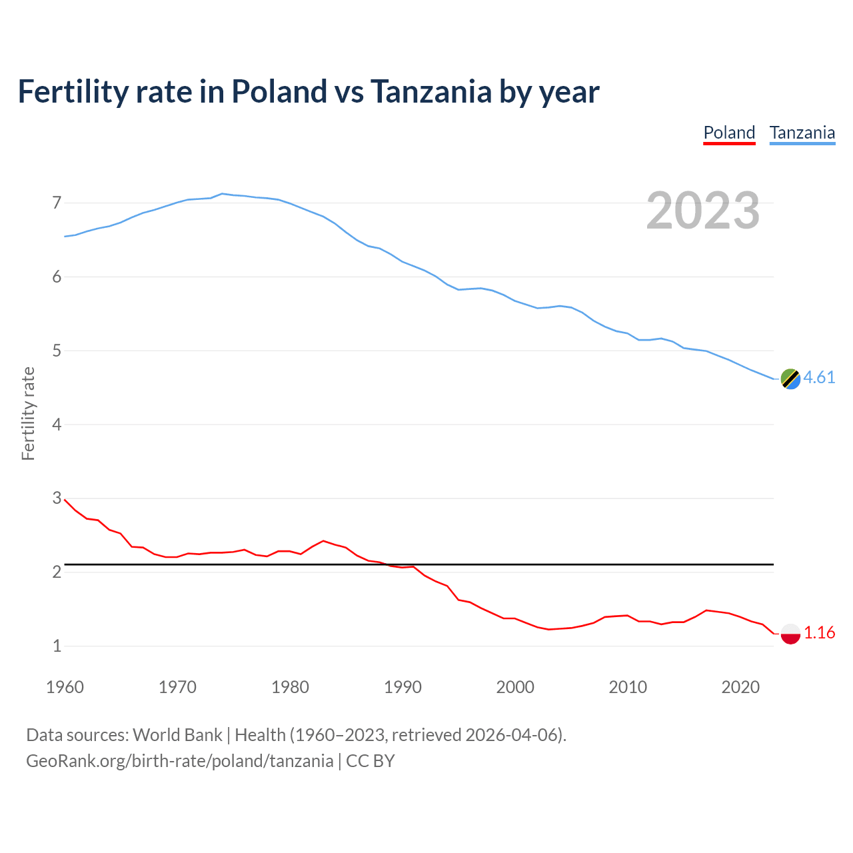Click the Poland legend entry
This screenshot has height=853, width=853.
729,133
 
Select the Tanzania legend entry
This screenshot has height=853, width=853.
802,133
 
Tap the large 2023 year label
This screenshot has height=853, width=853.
703,211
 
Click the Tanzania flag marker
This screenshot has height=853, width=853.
790,379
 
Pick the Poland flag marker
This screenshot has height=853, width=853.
790,634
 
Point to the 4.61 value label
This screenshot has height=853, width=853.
819,378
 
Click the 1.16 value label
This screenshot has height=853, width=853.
819,633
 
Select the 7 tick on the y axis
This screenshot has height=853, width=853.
57,203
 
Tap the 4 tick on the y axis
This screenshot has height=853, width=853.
57,425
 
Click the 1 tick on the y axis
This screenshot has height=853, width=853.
57,646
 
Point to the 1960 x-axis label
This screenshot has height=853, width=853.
65,687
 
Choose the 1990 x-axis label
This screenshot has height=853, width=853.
403,687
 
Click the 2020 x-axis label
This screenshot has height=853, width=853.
740,687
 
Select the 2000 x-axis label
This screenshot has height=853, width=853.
515,687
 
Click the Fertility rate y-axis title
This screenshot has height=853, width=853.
28,414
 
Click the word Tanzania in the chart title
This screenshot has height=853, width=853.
431,92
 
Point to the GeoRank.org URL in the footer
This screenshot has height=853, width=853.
179,761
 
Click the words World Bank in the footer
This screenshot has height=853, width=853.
177,735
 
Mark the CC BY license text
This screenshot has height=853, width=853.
371,761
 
